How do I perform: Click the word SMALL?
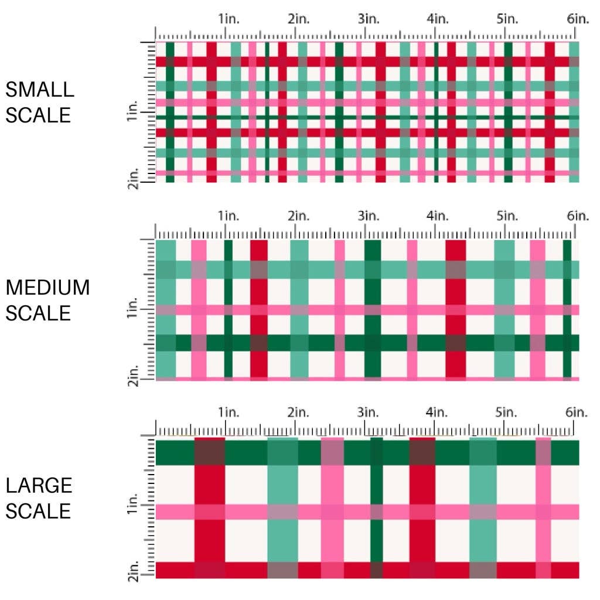pyautogui.click(x=40, y=90)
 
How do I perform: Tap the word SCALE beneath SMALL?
pyautogui.click(x=38, y=115)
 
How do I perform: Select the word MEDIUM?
pyautogui.click(x=47, y=288)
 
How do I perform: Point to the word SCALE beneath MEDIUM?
pyautogui.click(x=38, y=313)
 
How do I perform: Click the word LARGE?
pyautogui.click(x=39, y=485)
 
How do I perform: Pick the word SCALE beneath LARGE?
pyautogui.click(x=38, y=511)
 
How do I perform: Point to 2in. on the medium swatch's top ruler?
pyautogui.click(x=298, y=216)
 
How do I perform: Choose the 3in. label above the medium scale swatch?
pyautogui.click(x=368, y=216)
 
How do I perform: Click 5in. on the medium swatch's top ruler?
pyautogui.click(x=507, y=216)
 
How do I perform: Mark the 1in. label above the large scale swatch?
pyautogui.click(x=229, y=412)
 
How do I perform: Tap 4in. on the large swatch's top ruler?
pyautogui.click(x=437, y=412)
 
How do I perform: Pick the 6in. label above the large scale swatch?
pyautogui.click(x=578, y=412)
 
